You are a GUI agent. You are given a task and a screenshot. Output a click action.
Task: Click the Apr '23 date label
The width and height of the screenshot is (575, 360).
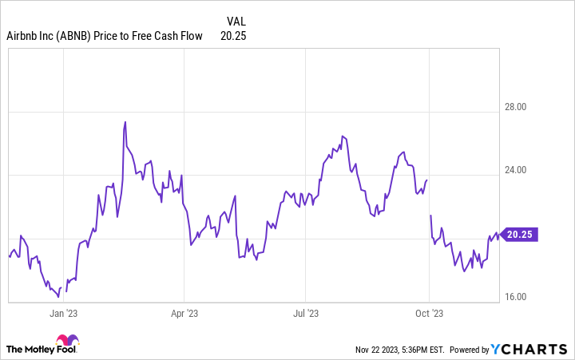tap(184, 314)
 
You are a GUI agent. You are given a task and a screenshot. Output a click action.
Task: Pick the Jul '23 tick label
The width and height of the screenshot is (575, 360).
tap(307, 314)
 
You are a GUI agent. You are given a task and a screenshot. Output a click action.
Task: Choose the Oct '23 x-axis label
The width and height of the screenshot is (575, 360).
tap(430, 314)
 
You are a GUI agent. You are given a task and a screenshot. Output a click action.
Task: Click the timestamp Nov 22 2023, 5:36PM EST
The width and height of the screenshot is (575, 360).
tap(400, 350)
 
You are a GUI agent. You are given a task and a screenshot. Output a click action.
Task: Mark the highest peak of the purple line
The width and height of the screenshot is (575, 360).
tap(125, 122)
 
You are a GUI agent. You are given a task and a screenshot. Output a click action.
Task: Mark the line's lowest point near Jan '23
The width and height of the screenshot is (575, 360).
tap(59, 296)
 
